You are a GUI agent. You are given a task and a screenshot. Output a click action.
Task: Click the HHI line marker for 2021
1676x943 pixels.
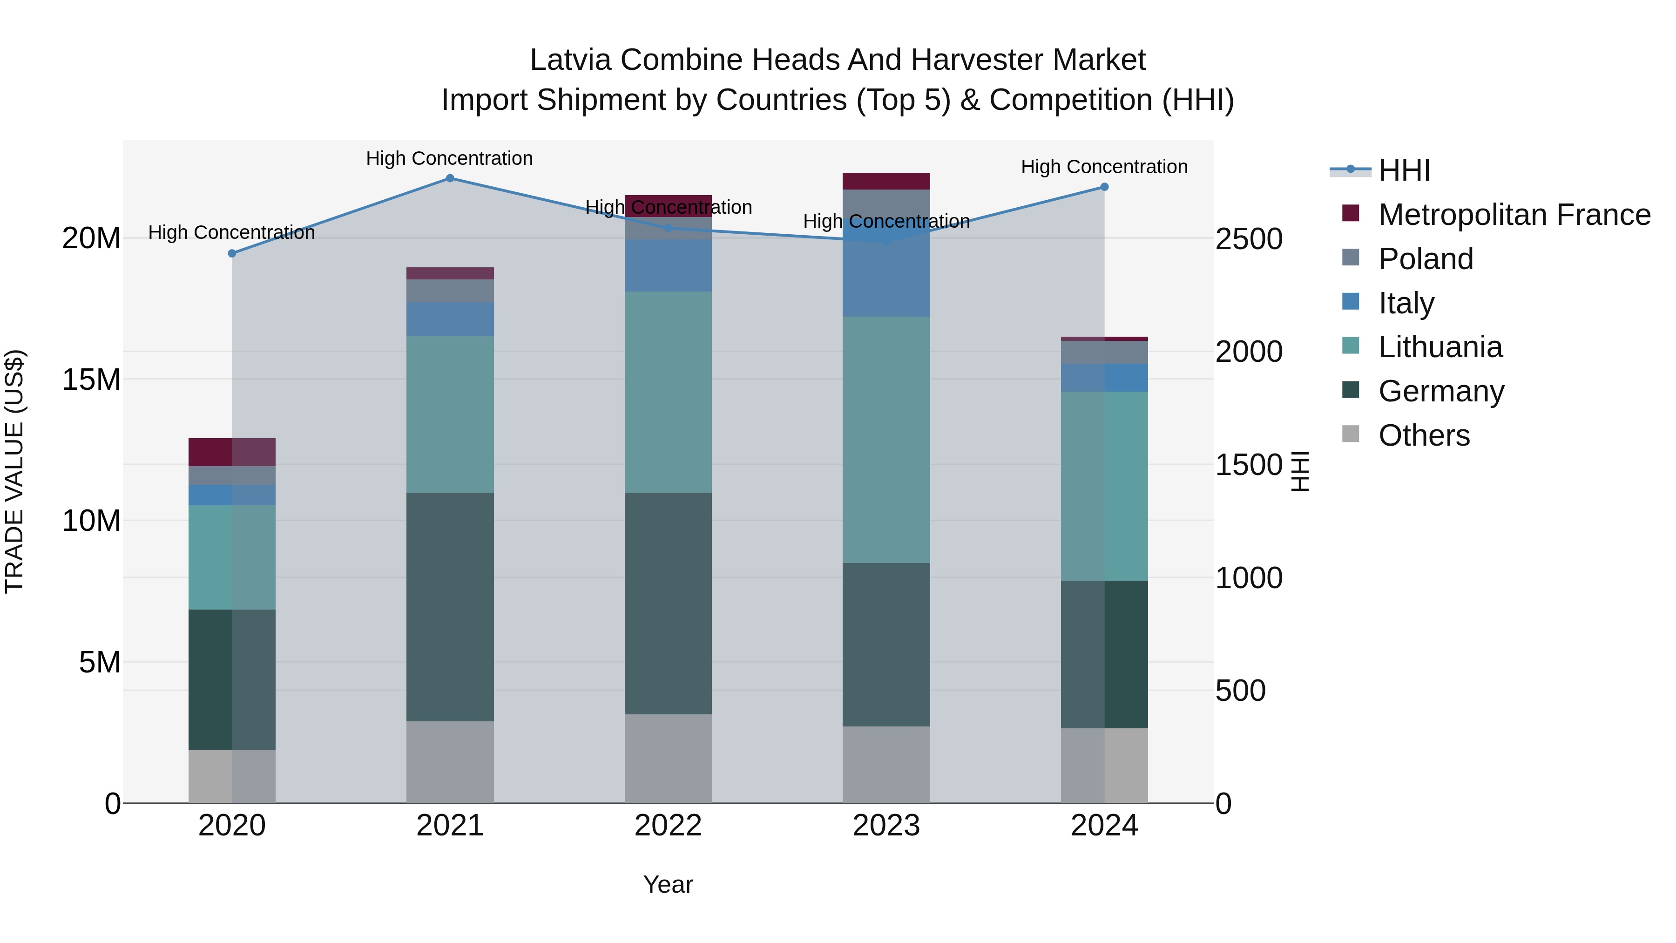point(450,178)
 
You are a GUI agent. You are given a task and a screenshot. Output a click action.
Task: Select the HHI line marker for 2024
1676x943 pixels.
point(1104,187)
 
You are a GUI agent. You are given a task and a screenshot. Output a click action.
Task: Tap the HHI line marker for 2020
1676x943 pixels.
point(232,253)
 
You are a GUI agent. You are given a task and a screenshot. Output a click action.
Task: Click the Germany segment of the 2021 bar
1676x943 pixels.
point(450,606)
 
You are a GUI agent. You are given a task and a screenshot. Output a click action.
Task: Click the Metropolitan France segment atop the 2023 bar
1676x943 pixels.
point(886,181)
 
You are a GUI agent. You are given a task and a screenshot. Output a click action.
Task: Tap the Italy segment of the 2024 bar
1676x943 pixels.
point(1104,378)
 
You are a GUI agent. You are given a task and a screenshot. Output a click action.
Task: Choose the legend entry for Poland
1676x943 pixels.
point(1425,259)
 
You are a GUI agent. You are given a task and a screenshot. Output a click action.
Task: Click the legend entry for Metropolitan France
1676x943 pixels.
point(1514,215)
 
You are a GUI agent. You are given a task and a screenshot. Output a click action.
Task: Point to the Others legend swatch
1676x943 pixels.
point(1350,434)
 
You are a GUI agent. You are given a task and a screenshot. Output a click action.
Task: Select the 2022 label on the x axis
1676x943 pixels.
point(668,826)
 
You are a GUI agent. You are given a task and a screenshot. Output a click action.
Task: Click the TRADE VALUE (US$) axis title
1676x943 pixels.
point(14,471)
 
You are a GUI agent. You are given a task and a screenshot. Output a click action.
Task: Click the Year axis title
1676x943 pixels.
point(668,884)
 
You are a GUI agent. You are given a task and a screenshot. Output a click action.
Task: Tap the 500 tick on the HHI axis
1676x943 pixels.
point(1240,691)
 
